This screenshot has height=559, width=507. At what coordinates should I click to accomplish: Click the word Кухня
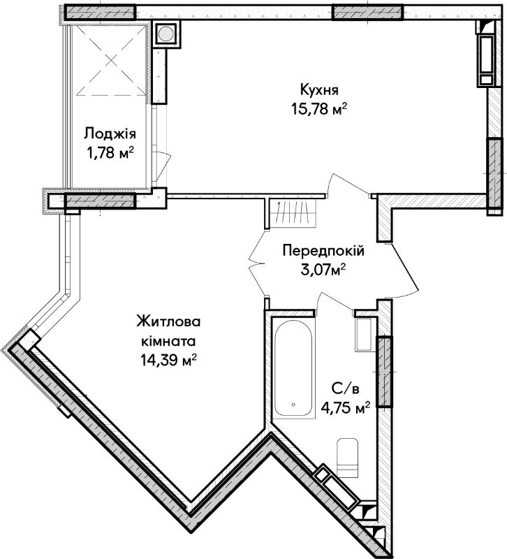point(319,90)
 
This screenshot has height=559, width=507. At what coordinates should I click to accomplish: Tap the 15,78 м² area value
point(319,109)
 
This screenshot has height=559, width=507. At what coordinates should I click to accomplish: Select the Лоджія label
point(110,133)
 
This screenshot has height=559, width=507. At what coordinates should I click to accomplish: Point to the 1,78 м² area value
point(110,153)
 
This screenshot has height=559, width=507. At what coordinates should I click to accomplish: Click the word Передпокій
point(323,251)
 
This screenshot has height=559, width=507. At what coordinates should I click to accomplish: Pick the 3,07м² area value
point(323,270)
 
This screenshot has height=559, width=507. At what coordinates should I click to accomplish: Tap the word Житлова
point(168,321)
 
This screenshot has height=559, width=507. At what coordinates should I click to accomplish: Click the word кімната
point(168,341)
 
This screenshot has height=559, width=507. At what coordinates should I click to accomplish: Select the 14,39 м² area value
point(168,361)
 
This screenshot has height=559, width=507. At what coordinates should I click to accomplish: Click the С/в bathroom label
point(345,388)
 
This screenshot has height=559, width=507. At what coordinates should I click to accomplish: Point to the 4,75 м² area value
point(345,407)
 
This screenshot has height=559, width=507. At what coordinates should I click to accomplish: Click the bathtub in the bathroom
point(293,369)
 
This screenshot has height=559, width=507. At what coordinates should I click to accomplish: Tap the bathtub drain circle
point(293,405)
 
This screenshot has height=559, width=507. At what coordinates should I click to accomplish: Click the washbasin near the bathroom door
point(365,335)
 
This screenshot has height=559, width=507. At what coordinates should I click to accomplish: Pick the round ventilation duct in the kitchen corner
point(166,34)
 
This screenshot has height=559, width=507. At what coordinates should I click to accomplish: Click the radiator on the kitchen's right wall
point(485,60)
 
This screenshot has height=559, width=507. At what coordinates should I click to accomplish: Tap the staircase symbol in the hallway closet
point(293,213)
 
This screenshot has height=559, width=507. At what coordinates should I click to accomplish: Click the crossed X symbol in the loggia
point(112,61)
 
